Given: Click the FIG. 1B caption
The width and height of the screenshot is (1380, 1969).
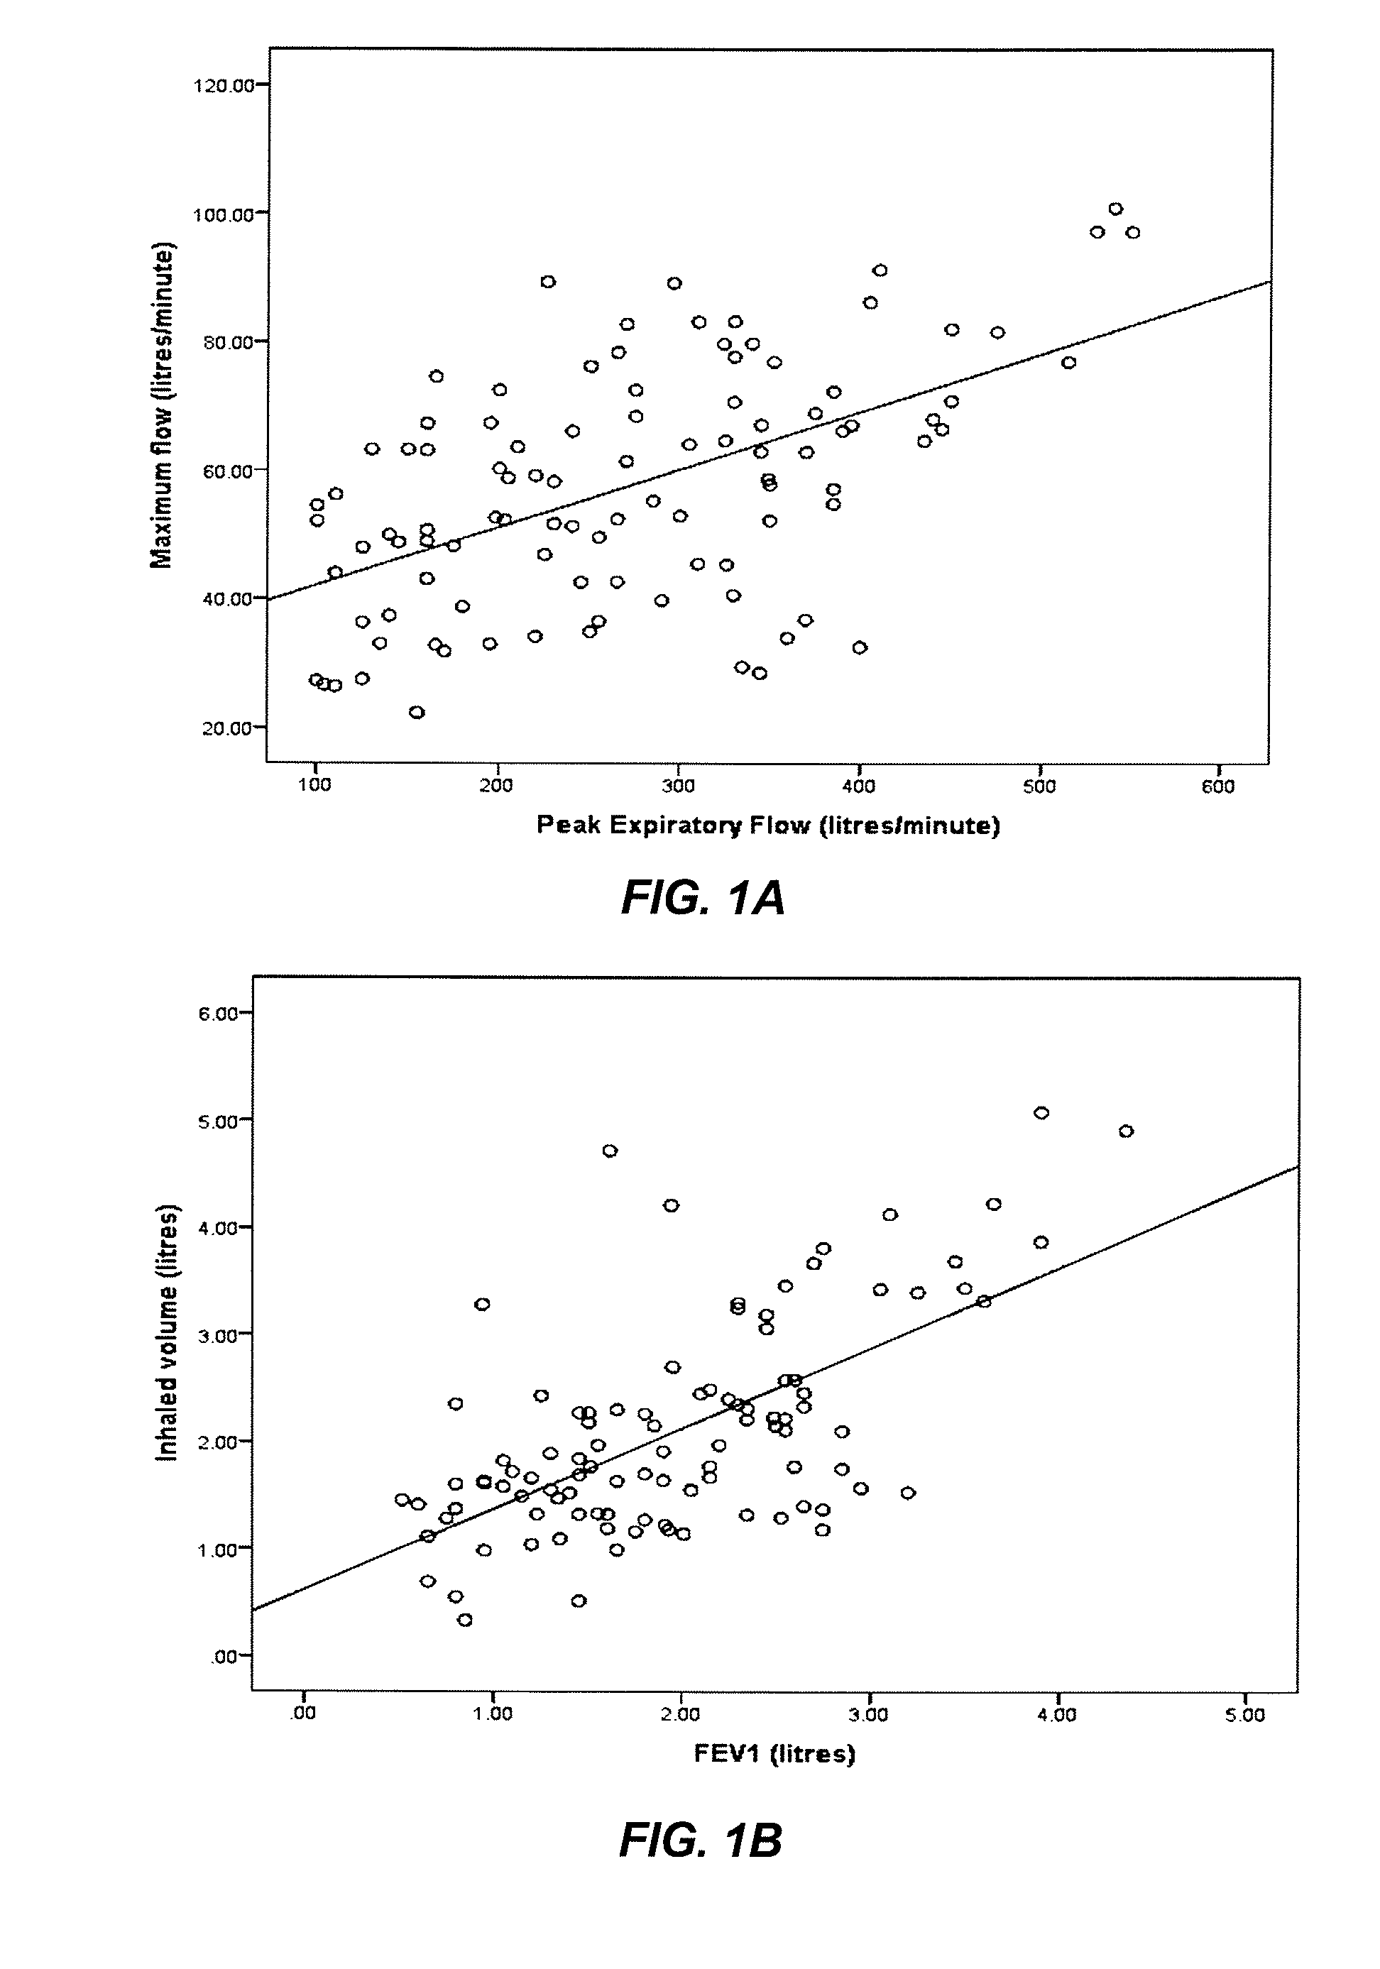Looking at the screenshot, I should coord(701,1841).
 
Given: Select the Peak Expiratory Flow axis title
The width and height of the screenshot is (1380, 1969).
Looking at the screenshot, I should coord(767,825).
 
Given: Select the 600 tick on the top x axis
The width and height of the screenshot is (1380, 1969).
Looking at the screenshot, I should coord(1218,787).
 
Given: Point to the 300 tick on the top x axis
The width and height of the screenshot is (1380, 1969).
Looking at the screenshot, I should coord(677,787).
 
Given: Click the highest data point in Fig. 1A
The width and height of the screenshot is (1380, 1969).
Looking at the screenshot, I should coord(1115,209).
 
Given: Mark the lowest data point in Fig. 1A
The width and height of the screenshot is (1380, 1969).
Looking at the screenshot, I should coord(417,713).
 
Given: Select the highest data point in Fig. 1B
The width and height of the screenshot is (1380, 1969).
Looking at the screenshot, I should coord(1041,1113).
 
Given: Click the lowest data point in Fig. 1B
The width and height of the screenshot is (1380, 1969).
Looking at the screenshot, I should coord(465,1620).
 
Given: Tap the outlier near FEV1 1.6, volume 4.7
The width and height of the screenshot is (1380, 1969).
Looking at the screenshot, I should coord(610,1151).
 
